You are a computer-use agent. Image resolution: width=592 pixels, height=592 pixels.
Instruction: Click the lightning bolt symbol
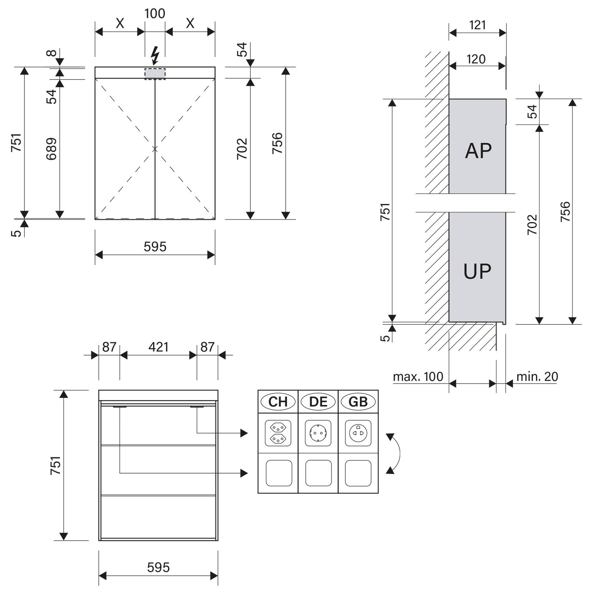click(x=155, y=56)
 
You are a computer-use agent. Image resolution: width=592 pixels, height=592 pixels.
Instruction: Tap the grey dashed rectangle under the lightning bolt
click(x=155, y=74)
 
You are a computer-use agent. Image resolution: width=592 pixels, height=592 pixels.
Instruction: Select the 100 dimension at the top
click(x=155, y=13)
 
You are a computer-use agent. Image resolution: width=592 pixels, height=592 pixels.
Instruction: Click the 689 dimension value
click(x=52, y=149)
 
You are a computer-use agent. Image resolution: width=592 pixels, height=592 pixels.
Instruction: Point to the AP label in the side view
click(x=478, y=150)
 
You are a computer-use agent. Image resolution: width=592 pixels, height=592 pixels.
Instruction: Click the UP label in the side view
click(x=477, y=271)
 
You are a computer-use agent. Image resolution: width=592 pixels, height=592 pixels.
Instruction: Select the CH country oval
click(x=278, y=402)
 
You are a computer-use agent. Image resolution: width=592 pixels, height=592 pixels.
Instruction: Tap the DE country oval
click(x=318, y=402)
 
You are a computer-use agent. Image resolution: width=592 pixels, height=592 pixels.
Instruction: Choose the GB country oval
click(x=358, y=402)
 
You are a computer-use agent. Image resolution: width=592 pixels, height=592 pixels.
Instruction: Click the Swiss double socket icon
click(x=278, y=433)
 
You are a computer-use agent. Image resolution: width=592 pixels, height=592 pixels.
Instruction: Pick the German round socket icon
click(x=318, y=433)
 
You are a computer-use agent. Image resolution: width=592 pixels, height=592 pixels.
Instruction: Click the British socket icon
click(x=358, y=433)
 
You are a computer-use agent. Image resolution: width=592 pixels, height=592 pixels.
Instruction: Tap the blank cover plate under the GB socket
click(x=358, y=473)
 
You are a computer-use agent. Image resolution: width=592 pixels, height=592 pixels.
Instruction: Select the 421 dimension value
click(x=158, y=347)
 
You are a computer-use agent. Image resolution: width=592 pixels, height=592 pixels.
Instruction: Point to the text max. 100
click(x=418, y=377)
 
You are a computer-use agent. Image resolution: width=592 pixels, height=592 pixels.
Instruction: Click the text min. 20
click(x=537, y=377)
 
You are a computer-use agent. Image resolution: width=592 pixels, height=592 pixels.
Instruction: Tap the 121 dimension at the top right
click(x=478, y=25)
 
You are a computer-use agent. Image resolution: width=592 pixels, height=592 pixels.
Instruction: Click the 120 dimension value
click(x=476, y=59)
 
